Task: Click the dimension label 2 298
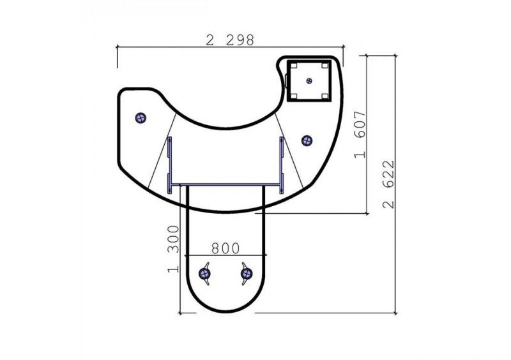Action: click(230, 40)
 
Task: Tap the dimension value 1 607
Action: click(360, 135)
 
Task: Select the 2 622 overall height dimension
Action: click(388, 184)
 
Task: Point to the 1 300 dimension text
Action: click(173, 249)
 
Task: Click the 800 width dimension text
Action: click(225, 248)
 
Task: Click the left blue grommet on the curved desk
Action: click(141, 117)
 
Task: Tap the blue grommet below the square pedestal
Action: click(307, 140)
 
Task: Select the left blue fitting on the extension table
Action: click(204, 274)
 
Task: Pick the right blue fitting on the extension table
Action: click(247, 274)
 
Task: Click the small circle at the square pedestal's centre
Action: click(309, 81)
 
